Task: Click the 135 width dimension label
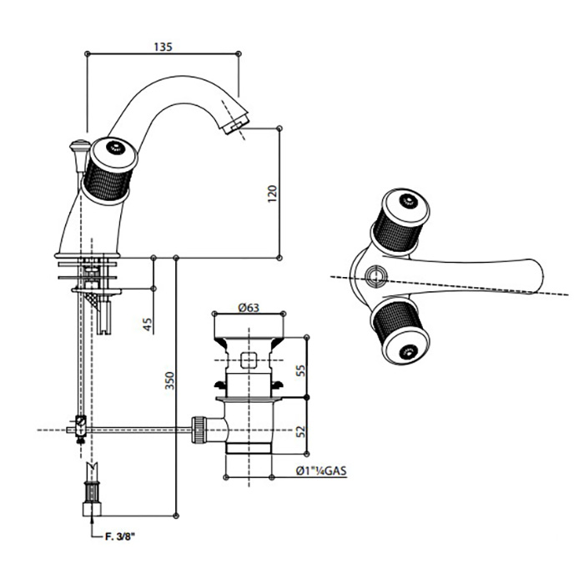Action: click(163, 48)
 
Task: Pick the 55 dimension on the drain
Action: click(300, 365)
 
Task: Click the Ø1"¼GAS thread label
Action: click(320, 471)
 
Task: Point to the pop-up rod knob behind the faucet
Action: click(76, 149)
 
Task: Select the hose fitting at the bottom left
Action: click(89, 496)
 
